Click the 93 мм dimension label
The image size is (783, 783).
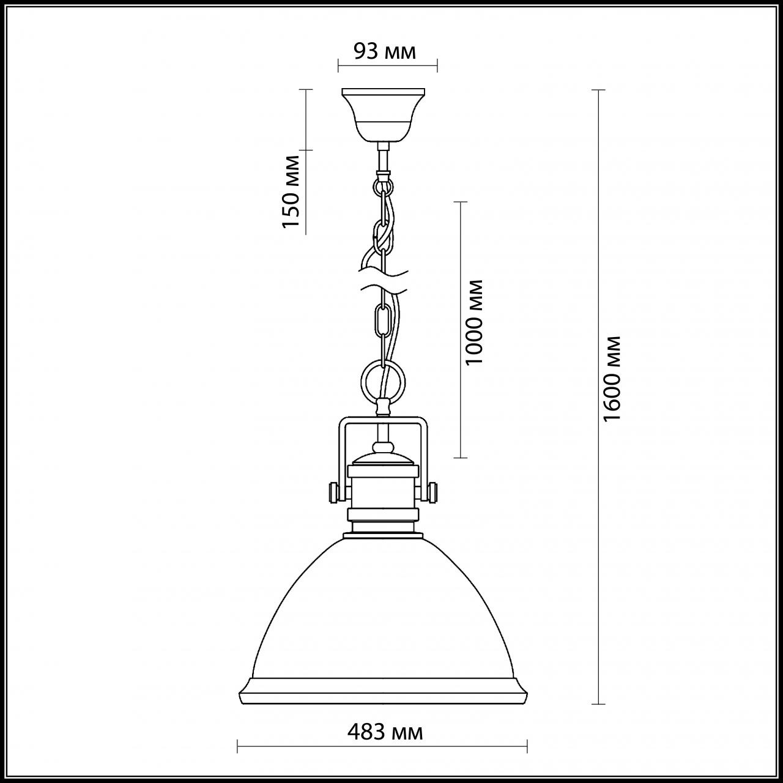point(385,52)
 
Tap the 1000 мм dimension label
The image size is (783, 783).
point(475,322)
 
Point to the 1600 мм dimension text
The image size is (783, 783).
point(612,378)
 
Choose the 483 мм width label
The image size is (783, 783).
point(385,731)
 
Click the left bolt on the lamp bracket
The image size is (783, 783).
point(333,491)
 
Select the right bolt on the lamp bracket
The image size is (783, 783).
point(434,491)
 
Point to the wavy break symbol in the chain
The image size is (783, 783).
point(383,279)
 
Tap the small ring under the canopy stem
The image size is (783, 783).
point(384,183)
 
